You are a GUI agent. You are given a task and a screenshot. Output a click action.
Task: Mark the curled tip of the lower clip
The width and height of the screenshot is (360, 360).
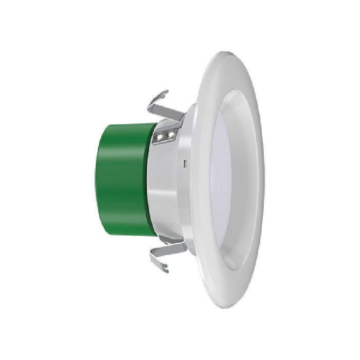(x=164, y=267)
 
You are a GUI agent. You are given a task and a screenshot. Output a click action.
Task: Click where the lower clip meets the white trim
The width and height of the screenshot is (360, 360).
(x=185, y=246)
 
